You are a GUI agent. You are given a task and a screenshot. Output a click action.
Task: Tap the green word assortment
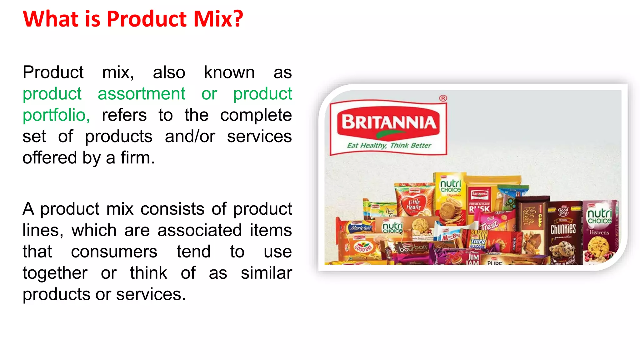[x=142, y=94]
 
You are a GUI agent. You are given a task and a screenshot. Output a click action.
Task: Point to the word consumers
[x=114, y=252]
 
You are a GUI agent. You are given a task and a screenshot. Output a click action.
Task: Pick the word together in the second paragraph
[x=55, y=273]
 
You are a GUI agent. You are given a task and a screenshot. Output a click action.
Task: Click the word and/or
[x=190, y=137]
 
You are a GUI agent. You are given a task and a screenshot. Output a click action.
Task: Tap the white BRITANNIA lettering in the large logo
[x=389, y=122]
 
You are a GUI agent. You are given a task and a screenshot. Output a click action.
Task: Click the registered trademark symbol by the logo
[x=443, y=98]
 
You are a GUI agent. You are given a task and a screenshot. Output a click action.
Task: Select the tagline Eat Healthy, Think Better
[x=389, y=145]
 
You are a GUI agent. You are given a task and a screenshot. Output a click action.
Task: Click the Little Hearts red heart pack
[x=414, y=205]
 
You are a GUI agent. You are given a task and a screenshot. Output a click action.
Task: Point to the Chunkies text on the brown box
[x=563, y=229]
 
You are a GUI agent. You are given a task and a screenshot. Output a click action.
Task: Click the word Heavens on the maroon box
[x=599, y=232]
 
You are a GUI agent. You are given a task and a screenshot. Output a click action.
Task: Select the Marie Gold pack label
[x=361, y=228]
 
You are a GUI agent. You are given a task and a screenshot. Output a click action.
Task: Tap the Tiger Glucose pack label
[x=478, y=243]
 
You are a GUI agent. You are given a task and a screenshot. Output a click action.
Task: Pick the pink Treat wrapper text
[x=489, y=225]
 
